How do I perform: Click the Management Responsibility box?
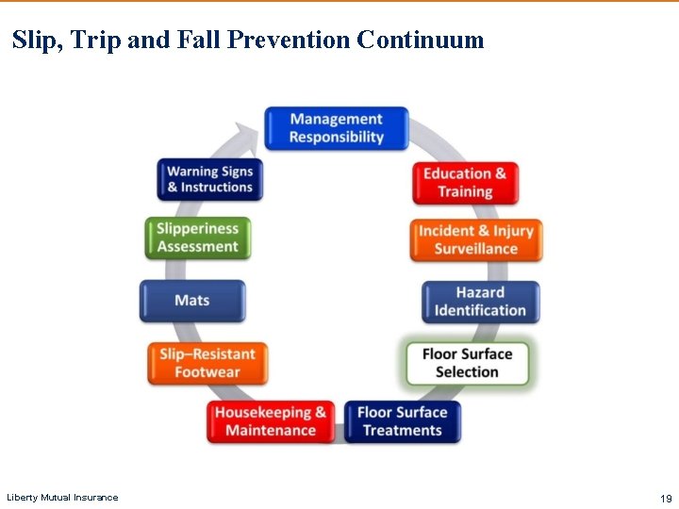336,128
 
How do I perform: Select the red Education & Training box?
465,182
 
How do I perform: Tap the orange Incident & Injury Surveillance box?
476,239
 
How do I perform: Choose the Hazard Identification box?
480,302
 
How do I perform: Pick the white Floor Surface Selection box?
467,362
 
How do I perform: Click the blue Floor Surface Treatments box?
402,421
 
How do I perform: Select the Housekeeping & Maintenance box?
271,421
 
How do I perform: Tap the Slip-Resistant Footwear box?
207,363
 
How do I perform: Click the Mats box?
192,301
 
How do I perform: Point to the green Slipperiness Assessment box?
197,238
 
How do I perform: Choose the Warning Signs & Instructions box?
209,178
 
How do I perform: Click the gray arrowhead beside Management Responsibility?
249,138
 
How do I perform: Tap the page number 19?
666,498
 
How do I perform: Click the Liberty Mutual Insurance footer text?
62,498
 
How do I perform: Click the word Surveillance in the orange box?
476,249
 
